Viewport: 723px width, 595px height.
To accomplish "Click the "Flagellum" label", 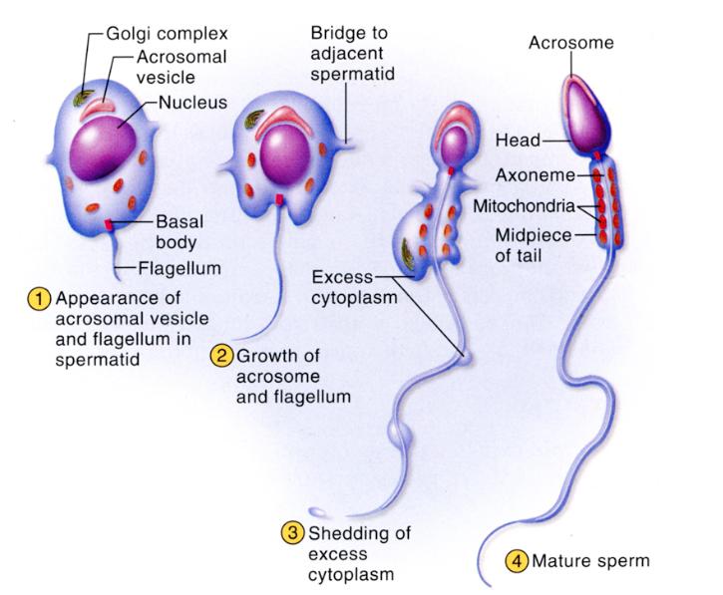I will (180, 267).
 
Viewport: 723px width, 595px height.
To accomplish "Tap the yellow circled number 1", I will (41, 299).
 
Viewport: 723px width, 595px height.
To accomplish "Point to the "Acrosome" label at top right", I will (570, 43).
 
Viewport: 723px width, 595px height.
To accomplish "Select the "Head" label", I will (518, 142).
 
